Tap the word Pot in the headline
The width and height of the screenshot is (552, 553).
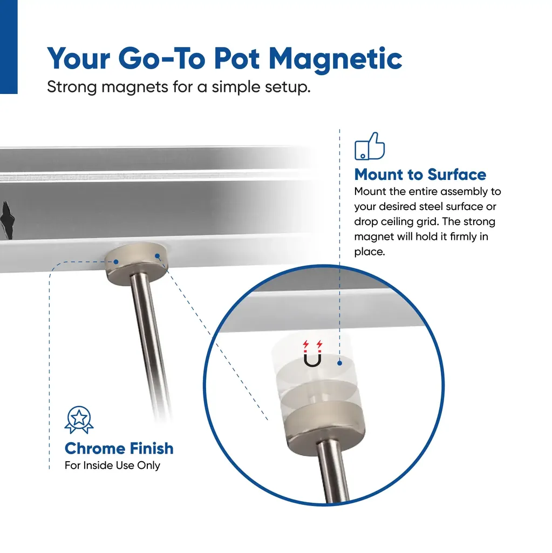237,58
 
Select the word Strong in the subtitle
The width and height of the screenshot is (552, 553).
72,87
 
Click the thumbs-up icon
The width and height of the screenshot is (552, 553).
370,146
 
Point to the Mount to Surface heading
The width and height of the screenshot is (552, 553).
420,174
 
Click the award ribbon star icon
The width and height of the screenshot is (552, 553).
79,420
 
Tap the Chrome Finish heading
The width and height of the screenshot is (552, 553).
119,449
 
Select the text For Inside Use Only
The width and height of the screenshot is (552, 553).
112,466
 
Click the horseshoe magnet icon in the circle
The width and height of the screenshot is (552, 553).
312,354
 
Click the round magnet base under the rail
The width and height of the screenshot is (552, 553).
137,264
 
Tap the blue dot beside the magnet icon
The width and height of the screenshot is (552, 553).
339,363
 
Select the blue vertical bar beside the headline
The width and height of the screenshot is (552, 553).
9,47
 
